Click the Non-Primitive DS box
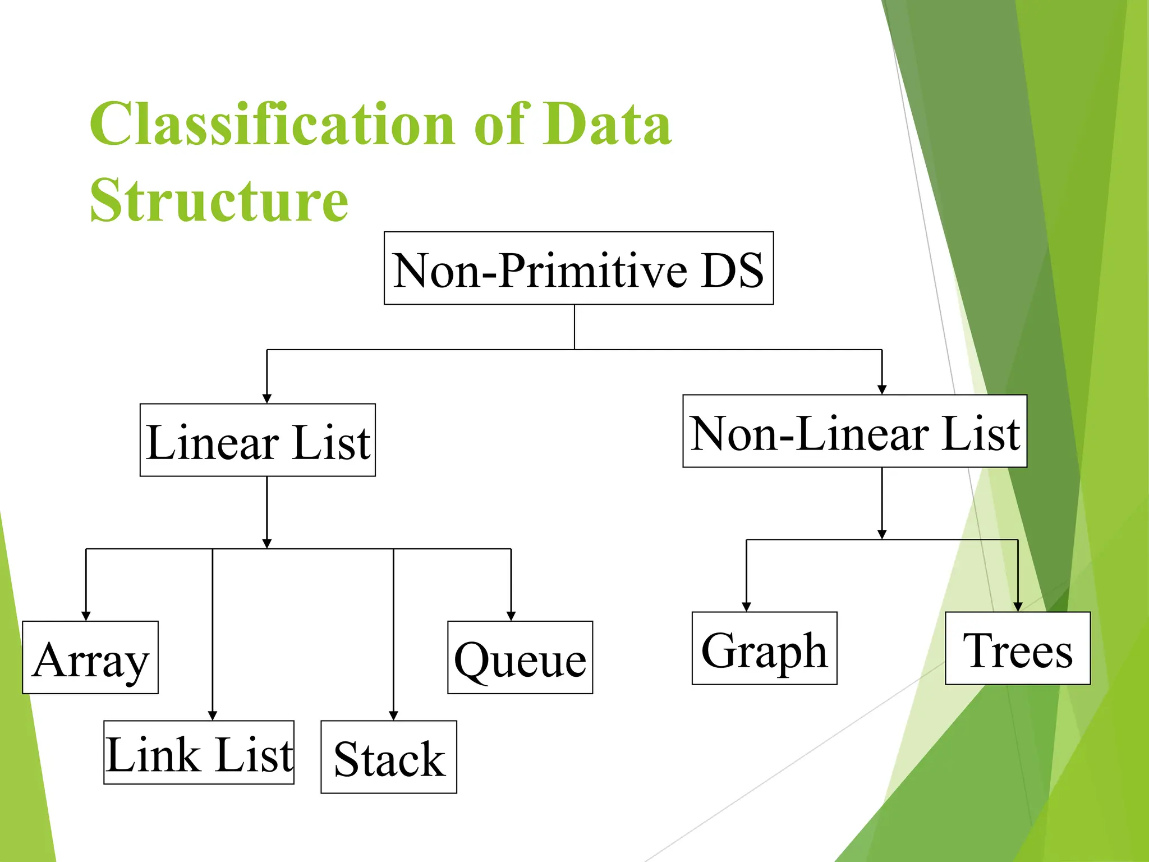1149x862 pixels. pos(578,268)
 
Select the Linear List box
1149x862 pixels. pos(258,440)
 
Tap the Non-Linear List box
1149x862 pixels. pos(854,431)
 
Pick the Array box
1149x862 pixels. pos(90,658)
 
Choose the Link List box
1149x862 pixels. pos(199,753)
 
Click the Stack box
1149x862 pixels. pos(389,757)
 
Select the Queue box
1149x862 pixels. pos(520,658)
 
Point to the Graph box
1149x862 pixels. pos(764,649)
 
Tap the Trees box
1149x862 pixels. pos(1018,649)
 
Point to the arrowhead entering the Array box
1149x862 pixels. pos(86,616)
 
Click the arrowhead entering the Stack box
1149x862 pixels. pos(393,716)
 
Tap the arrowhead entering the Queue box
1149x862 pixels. pos(511,616)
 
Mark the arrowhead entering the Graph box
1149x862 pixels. pos(746,607)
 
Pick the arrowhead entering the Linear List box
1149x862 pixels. pos(267,398)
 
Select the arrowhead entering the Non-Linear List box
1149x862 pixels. pos(882,389)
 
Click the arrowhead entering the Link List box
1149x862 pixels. pos(213,716)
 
